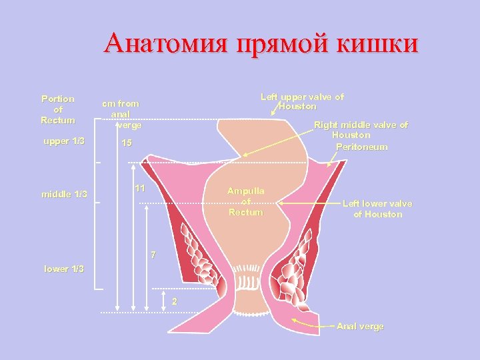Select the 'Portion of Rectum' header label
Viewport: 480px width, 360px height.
click(58, 109)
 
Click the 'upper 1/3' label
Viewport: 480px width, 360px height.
click(63, 141)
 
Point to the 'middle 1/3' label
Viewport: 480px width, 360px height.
click(64, 194)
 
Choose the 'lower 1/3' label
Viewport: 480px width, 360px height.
click(64, 269)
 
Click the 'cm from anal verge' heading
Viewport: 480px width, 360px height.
click(121, 114)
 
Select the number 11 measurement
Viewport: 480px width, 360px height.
click(140, 189)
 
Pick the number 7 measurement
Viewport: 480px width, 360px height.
click(153, 255)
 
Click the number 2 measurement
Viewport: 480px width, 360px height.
click(175, 301)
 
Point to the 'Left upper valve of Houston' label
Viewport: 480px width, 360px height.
click(302, 101)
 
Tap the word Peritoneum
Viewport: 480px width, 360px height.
click(361, 147)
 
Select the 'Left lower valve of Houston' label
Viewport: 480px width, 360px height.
click(377, 209)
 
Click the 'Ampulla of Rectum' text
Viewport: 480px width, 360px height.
click(246, 201)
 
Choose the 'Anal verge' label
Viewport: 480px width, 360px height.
click(360, 326)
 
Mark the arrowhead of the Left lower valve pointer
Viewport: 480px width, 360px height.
click(281, 202)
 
